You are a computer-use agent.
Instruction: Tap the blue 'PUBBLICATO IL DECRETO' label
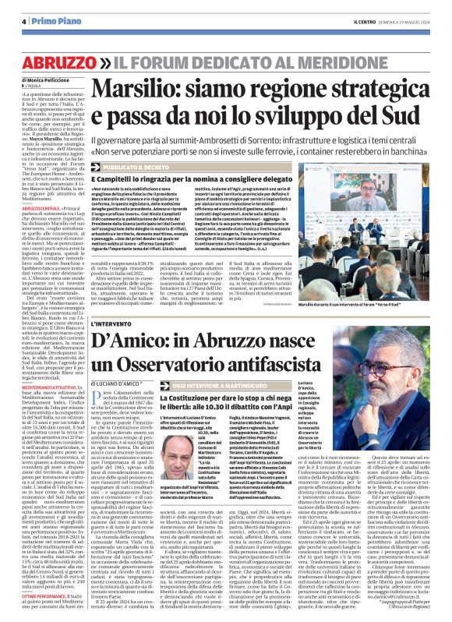pos(146,168)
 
